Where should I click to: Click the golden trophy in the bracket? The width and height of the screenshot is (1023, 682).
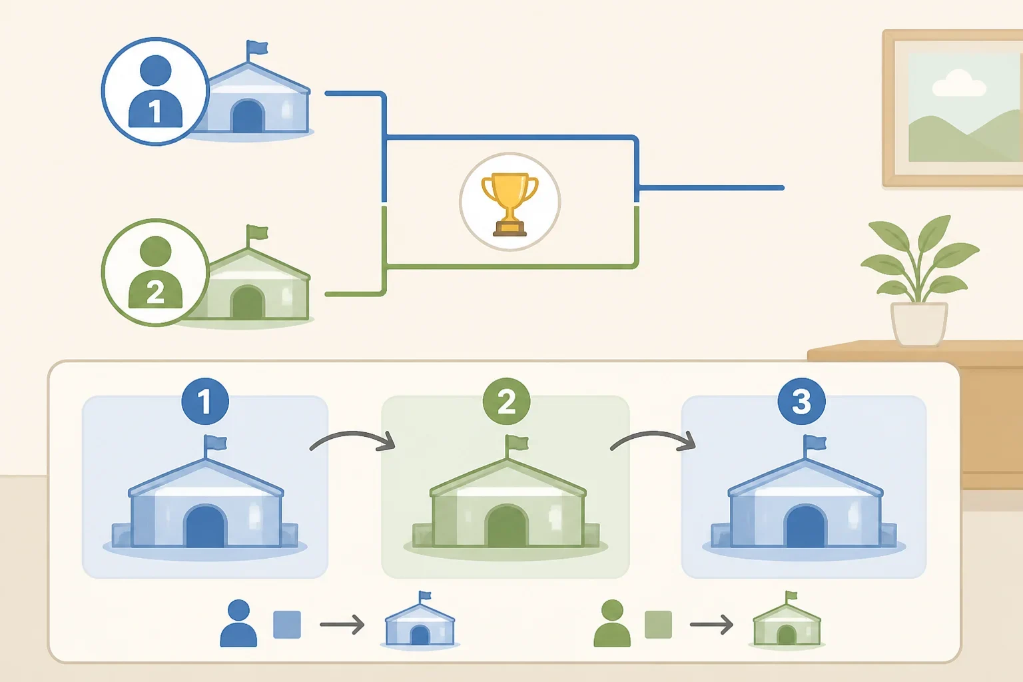click(510, 204)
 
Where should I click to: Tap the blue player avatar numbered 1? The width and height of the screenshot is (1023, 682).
click(155, 91)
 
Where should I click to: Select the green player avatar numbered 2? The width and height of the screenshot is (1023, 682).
click(155, 272)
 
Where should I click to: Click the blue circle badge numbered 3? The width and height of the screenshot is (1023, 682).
click(801, 401)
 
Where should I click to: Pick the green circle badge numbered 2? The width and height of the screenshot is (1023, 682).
click(506, 402)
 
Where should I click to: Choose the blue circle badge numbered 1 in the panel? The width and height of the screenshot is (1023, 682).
click(205, 402)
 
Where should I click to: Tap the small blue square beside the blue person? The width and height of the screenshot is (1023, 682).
click(287, 624)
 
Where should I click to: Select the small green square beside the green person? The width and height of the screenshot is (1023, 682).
click(658, 624)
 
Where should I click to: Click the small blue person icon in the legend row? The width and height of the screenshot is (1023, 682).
click(238, 623)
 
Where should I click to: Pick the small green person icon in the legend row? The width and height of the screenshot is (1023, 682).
click(612, 623)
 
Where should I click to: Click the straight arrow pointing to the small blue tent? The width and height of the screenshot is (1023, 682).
click(342, 624)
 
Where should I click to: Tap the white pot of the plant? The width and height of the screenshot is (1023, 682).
click(919, 324)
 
